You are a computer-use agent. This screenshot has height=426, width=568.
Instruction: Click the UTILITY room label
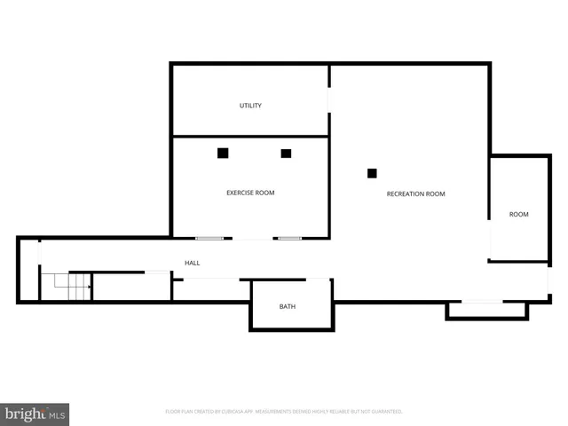click(250, 106)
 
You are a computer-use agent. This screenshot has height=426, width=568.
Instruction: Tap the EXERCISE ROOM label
click(250, 193)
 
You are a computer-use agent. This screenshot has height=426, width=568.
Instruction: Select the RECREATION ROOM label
click(415, 193)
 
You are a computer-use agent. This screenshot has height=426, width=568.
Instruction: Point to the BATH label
click(288, 307)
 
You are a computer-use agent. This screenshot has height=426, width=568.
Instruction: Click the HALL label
click(192, 264)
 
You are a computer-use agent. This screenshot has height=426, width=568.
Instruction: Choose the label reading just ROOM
click(518, 214)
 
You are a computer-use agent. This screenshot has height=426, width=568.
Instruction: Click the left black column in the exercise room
click(223, 153)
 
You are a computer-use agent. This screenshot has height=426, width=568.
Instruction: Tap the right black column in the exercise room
click(286, 153)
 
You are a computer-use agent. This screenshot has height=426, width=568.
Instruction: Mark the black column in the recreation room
click(372, 173)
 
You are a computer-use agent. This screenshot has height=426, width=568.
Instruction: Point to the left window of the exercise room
click(209, 238)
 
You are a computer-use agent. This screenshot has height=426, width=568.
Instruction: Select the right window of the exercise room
click(288, 238)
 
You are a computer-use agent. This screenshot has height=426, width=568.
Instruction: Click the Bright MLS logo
click(35, 414)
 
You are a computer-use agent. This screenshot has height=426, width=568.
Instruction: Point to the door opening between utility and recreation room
click(329, 99)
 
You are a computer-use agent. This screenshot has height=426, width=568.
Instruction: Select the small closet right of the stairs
click(131, 287)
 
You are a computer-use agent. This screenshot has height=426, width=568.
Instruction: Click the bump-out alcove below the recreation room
click(486, 310)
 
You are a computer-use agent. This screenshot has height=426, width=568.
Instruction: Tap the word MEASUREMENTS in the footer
click(282, 412)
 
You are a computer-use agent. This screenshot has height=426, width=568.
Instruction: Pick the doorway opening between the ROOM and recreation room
click(490, 240)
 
